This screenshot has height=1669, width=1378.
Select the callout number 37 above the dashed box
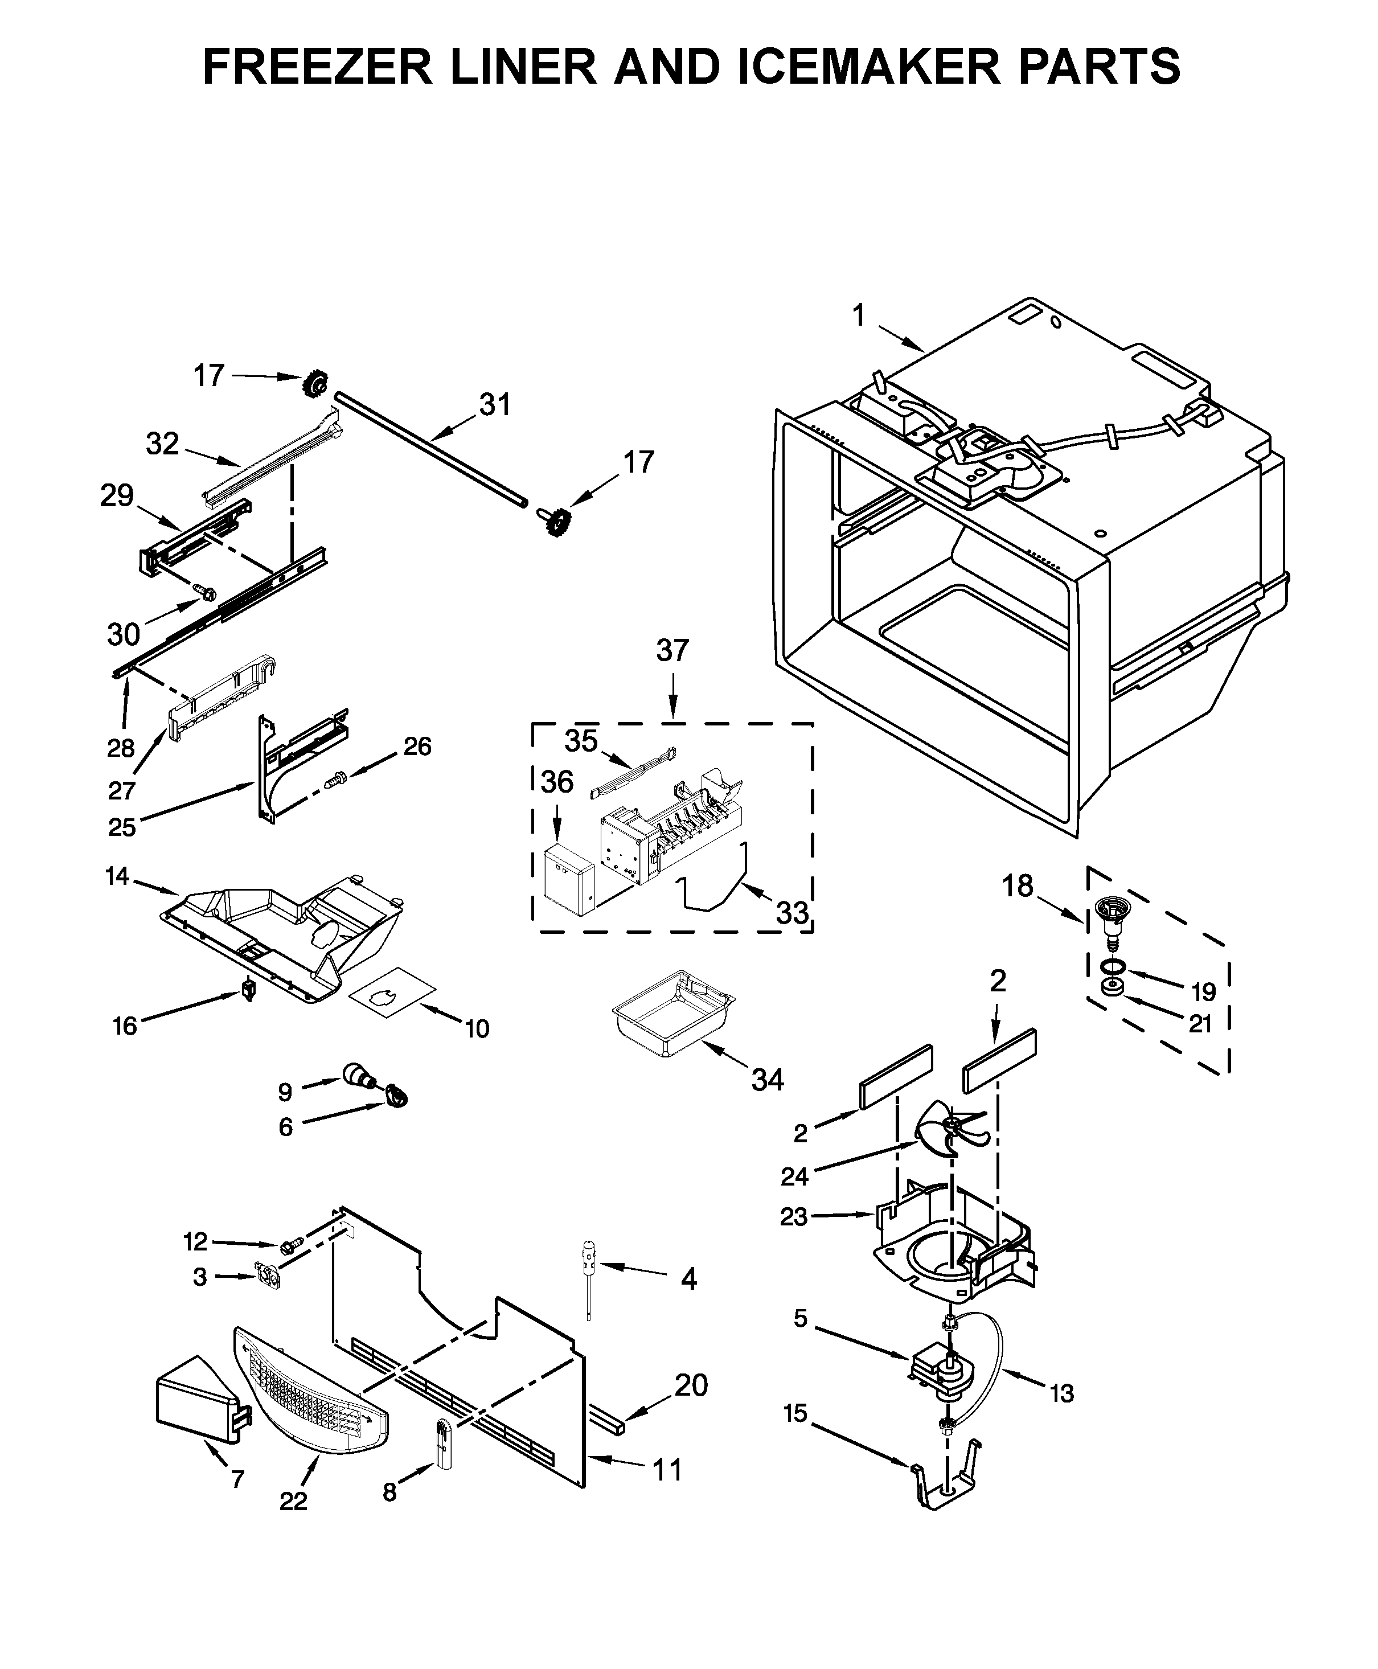[672, 651]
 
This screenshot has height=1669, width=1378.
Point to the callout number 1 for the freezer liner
[858, 316]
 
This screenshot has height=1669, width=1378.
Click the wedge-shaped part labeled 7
[199, 1405]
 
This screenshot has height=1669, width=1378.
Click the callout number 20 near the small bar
[691, 1385]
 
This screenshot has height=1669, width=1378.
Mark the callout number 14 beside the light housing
[117, 877]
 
